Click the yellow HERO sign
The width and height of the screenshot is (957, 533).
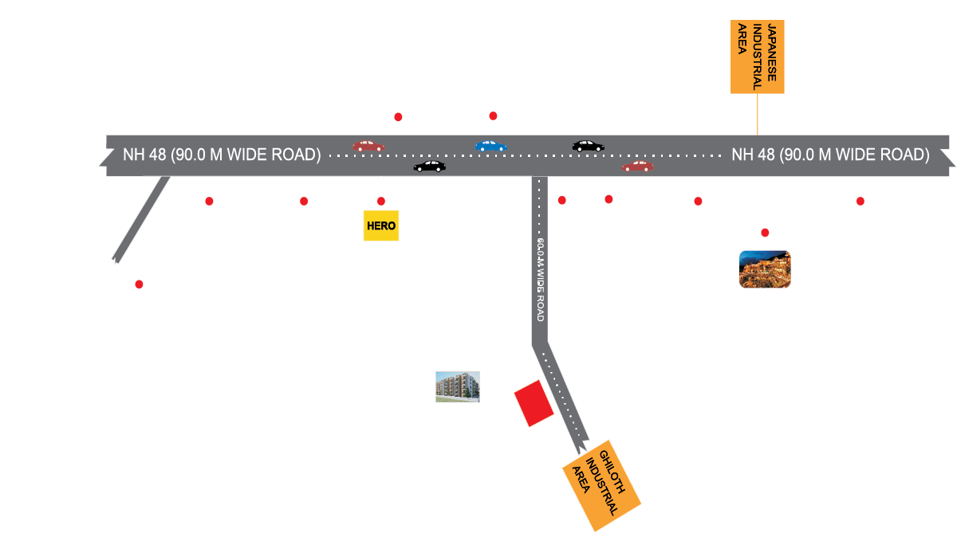pos(380,226)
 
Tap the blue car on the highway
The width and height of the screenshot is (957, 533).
pos(490,146)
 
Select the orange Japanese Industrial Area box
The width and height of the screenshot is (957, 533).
pos(758,57)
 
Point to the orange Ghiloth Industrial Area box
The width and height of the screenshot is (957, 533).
pos(601,485)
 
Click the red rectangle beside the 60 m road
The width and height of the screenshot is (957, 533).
pos(534,403)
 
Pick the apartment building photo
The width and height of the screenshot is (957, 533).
pos(457,386)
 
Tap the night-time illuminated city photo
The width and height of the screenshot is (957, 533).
pos(765,269)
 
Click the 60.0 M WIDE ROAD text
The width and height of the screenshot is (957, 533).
pos(540,279)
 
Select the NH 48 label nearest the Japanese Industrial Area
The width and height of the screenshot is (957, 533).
pos(830,155)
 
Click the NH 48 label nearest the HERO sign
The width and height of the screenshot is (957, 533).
pos(222,155)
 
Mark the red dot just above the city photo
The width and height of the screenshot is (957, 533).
pos(765,233)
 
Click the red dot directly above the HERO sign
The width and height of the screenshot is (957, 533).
pos(381,201)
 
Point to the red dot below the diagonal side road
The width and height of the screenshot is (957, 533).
pos(139,284)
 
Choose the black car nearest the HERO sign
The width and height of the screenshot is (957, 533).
pos(430,167)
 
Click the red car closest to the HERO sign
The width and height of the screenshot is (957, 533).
pos(368,146)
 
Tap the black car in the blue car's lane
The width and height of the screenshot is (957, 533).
pos(588,146)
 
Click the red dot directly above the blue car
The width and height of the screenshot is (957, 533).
pos(493,116)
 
